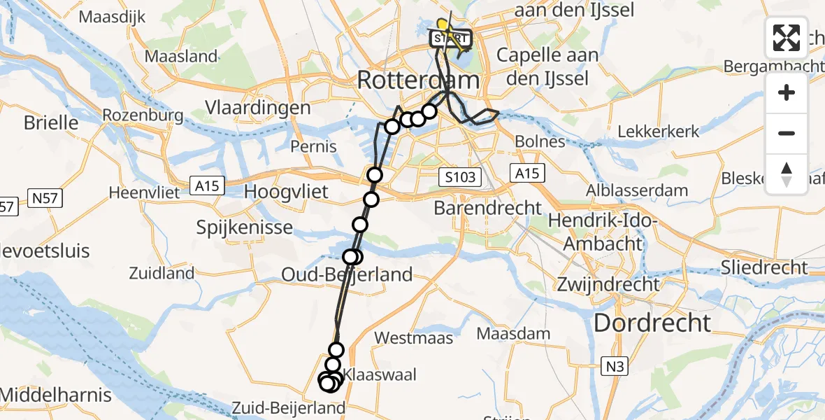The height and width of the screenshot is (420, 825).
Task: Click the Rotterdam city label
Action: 418,80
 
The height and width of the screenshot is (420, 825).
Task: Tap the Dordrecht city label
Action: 652,323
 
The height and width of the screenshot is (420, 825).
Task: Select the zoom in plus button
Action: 787,92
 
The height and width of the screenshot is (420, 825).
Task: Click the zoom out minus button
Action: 787,133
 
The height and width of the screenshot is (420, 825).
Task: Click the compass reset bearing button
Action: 787,174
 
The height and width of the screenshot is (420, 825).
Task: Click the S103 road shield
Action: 461,177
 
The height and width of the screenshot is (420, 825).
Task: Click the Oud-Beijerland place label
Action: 347,274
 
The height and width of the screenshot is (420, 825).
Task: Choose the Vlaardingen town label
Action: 258,108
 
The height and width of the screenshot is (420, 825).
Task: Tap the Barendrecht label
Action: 487,207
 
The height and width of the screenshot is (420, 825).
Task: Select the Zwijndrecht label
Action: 608,284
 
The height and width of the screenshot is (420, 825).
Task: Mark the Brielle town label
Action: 51,122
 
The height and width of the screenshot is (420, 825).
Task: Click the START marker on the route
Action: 452,38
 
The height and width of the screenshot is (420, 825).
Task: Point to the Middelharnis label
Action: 56,395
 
